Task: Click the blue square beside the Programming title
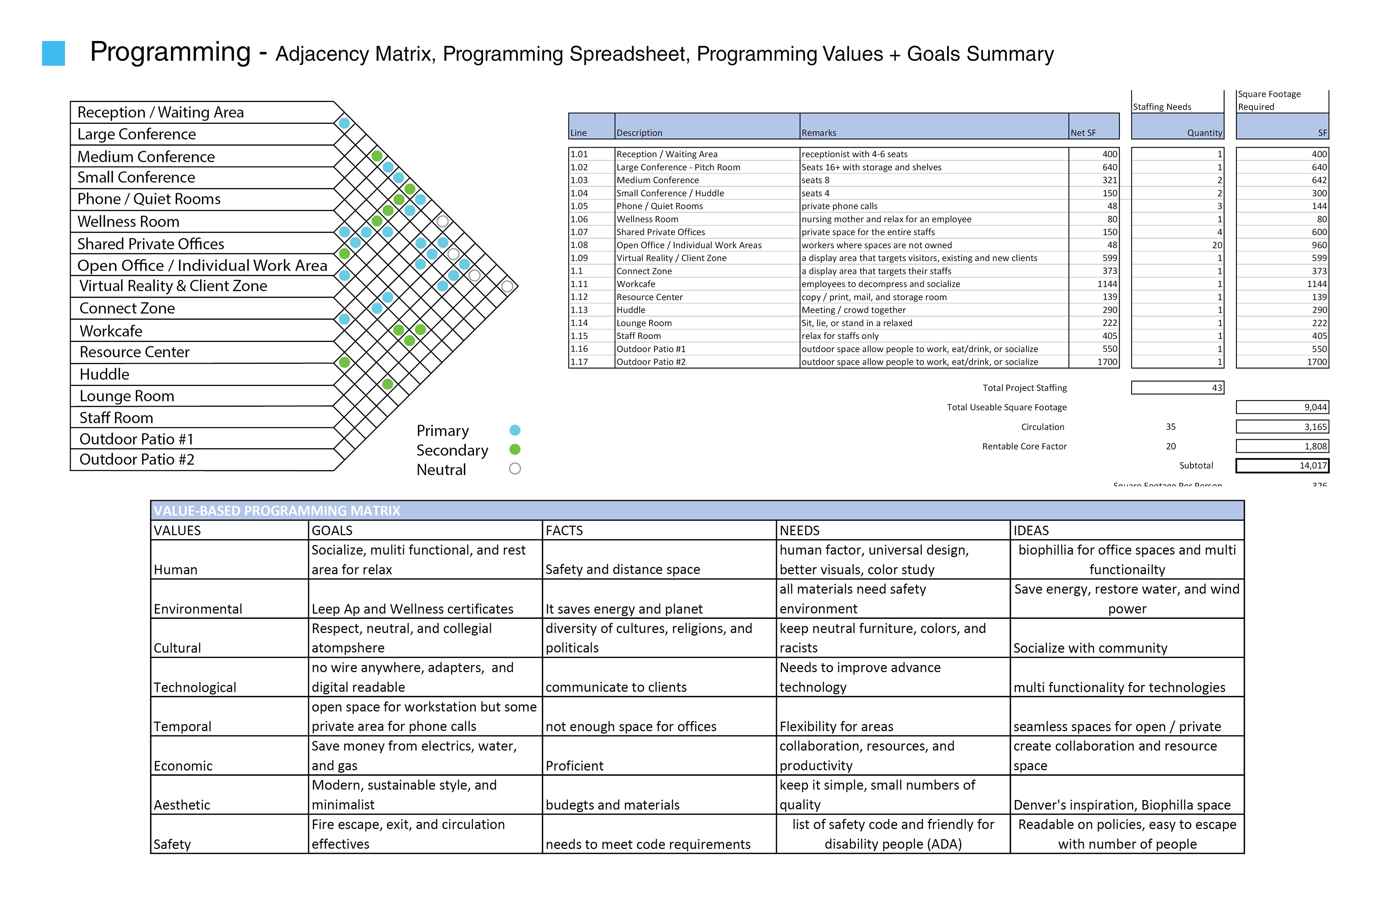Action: (53, 53)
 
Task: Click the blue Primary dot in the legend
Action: (515, 430)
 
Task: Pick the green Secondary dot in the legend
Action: (515, 450)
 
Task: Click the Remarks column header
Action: (819, 133)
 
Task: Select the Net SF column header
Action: (1083, 133)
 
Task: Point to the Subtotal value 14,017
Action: (1313, 466)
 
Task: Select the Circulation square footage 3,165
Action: (1315, 427)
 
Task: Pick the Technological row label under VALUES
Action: (195, 687)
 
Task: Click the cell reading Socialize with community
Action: (1090, 648)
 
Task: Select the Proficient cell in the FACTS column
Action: (575, 766)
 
